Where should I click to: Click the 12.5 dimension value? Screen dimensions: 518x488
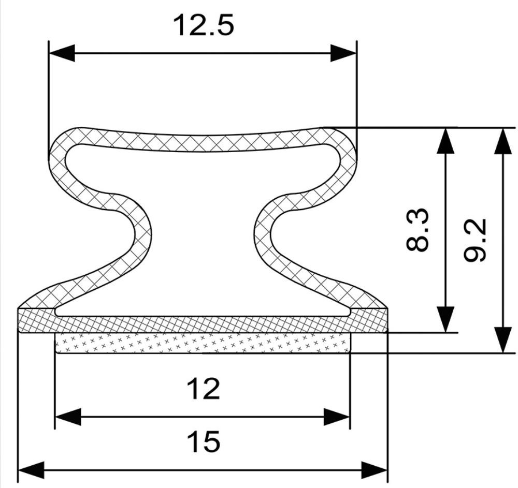pyautogui.click(x=204, y=25)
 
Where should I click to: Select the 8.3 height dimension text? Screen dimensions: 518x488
pyautogui.click(x=418, y=229)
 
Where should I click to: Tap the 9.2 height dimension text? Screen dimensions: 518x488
pyautogui.click(x=475, y=240)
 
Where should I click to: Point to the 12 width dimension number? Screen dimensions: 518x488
pyautogui.click(x=203, y=389)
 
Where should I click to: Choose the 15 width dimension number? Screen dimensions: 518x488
pyautogui.click(x=203, y=442)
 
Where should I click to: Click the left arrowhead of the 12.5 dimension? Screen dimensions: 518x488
pyautogui.click(x=62, y=53)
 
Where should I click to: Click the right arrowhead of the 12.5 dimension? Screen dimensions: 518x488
pyautogui.click(x=343, y=53)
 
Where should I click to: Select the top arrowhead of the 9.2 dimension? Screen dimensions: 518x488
pyautogui.click(x=502, y=141)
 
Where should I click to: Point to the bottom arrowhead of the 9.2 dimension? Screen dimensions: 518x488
pyautogui.click(x=502, y=340)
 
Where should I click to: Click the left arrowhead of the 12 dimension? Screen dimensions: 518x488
pyautogui.click(x=68, y=417)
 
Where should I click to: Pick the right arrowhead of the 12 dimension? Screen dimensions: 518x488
pyautogui.click(x=336, y=417)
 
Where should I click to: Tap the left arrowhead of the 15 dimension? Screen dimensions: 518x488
pyautogui.click(x=31, y=470)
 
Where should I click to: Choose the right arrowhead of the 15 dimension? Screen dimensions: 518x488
pyautogui.click(x=375, y=470)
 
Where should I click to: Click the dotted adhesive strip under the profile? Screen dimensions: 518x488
pyautogui.click(x=203, y=343)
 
